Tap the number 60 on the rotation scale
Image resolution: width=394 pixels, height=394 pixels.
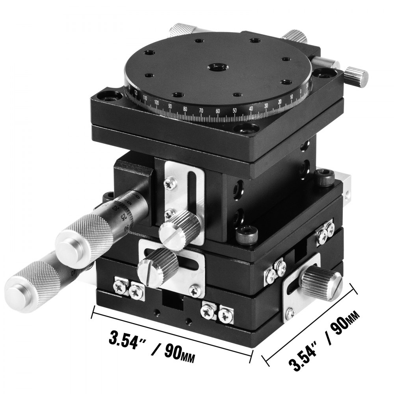tap(218, 112)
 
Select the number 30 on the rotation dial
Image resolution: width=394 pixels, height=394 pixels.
tap(266, 106)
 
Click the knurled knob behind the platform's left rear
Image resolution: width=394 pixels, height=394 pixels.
tap(181, 31)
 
